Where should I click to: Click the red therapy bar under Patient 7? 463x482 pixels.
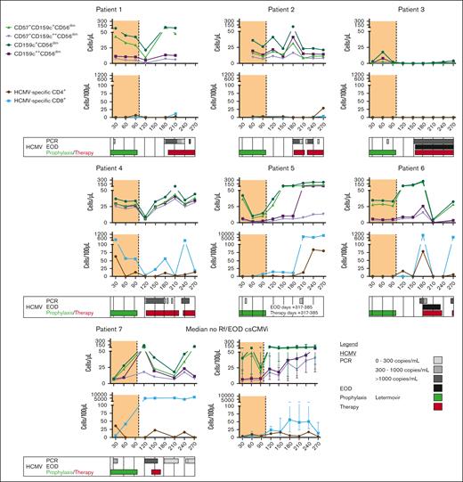click(155, 471)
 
